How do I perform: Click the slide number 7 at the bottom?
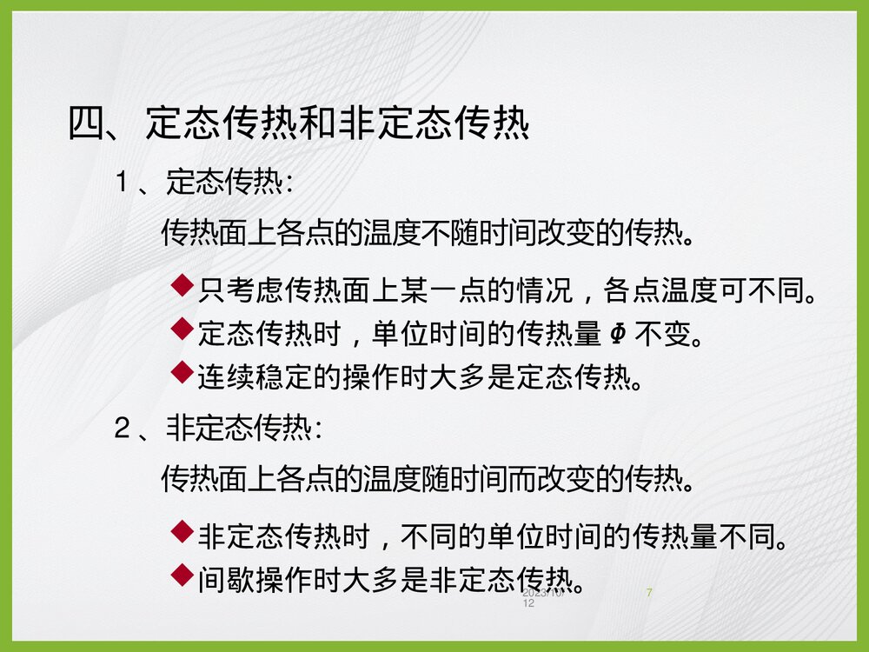pyautogui.click(x=650, y=593)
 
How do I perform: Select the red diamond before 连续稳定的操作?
pyautogui.click(x=182, y=373)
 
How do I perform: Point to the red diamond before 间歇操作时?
pyautogui.click(x=182, y=572)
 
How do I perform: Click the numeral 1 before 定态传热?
pyautogui.click(x=123, y=183)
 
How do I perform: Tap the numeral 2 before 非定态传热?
pyautogui.click(x=123, y=428)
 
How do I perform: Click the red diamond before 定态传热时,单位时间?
pyautogui.click(x=182, y=328)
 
